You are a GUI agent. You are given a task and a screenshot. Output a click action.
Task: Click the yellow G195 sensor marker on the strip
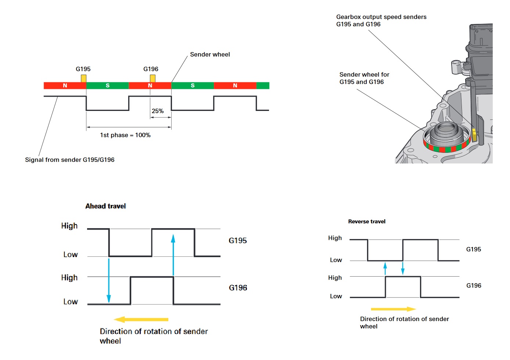83,78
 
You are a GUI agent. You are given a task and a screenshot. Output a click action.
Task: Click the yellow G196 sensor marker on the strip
152,78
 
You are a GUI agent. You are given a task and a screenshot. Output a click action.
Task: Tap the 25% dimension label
158,111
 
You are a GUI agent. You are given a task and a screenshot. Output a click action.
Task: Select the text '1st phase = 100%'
125,135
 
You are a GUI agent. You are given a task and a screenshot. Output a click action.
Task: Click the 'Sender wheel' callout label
210,54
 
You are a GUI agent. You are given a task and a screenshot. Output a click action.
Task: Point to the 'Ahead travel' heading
105,206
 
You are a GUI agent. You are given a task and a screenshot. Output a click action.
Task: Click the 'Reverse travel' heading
367,222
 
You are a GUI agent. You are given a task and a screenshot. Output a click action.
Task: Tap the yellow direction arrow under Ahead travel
141,320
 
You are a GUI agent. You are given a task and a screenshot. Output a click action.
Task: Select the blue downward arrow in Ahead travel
109,280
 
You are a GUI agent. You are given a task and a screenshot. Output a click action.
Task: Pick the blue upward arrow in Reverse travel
385,268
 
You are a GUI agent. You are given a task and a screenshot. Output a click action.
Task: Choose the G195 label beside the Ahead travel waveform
238,241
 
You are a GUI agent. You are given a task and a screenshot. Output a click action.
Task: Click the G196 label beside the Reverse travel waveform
474,285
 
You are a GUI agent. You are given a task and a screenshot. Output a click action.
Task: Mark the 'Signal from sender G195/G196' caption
70,160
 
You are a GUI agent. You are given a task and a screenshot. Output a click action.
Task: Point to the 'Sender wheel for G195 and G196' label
364,78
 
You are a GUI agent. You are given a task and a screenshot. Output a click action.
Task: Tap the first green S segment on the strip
107,86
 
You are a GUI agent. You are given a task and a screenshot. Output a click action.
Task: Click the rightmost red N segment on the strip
235,86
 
